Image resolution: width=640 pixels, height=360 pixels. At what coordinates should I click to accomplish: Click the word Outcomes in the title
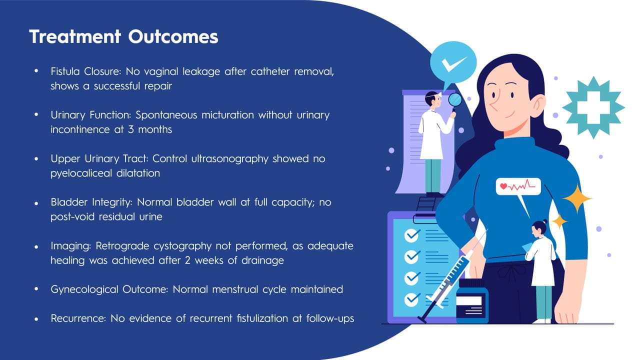[173, 37]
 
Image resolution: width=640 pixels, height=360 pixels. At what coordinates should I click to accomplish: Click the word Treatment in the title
[75, 37]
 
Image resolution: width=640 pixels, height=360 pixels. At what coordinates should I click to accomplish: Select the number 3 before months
[130, 129]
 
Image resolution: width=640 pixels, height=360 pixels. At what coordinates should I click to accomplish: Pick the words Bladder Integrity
[91, 202]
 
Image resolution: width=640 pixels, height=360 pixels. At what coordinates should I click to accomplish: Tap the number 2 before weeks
[187, 260]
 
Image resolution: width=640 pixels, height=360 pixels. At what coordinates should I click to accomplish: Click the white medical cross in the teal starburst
[593, 107]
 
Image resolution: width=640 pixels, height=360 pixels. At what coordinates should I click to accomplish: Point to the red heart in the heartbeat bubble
[503, 186]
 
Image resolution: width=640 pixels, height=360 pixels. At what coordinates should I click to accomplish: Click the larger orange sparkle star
[577, 198]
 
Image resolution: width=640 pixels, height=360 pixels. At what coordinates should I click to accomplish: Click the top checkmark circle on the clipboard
[411, 235]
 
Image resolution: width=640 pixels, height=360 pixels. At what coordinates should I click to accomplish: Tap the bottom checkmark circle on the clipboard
[411, 299]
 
